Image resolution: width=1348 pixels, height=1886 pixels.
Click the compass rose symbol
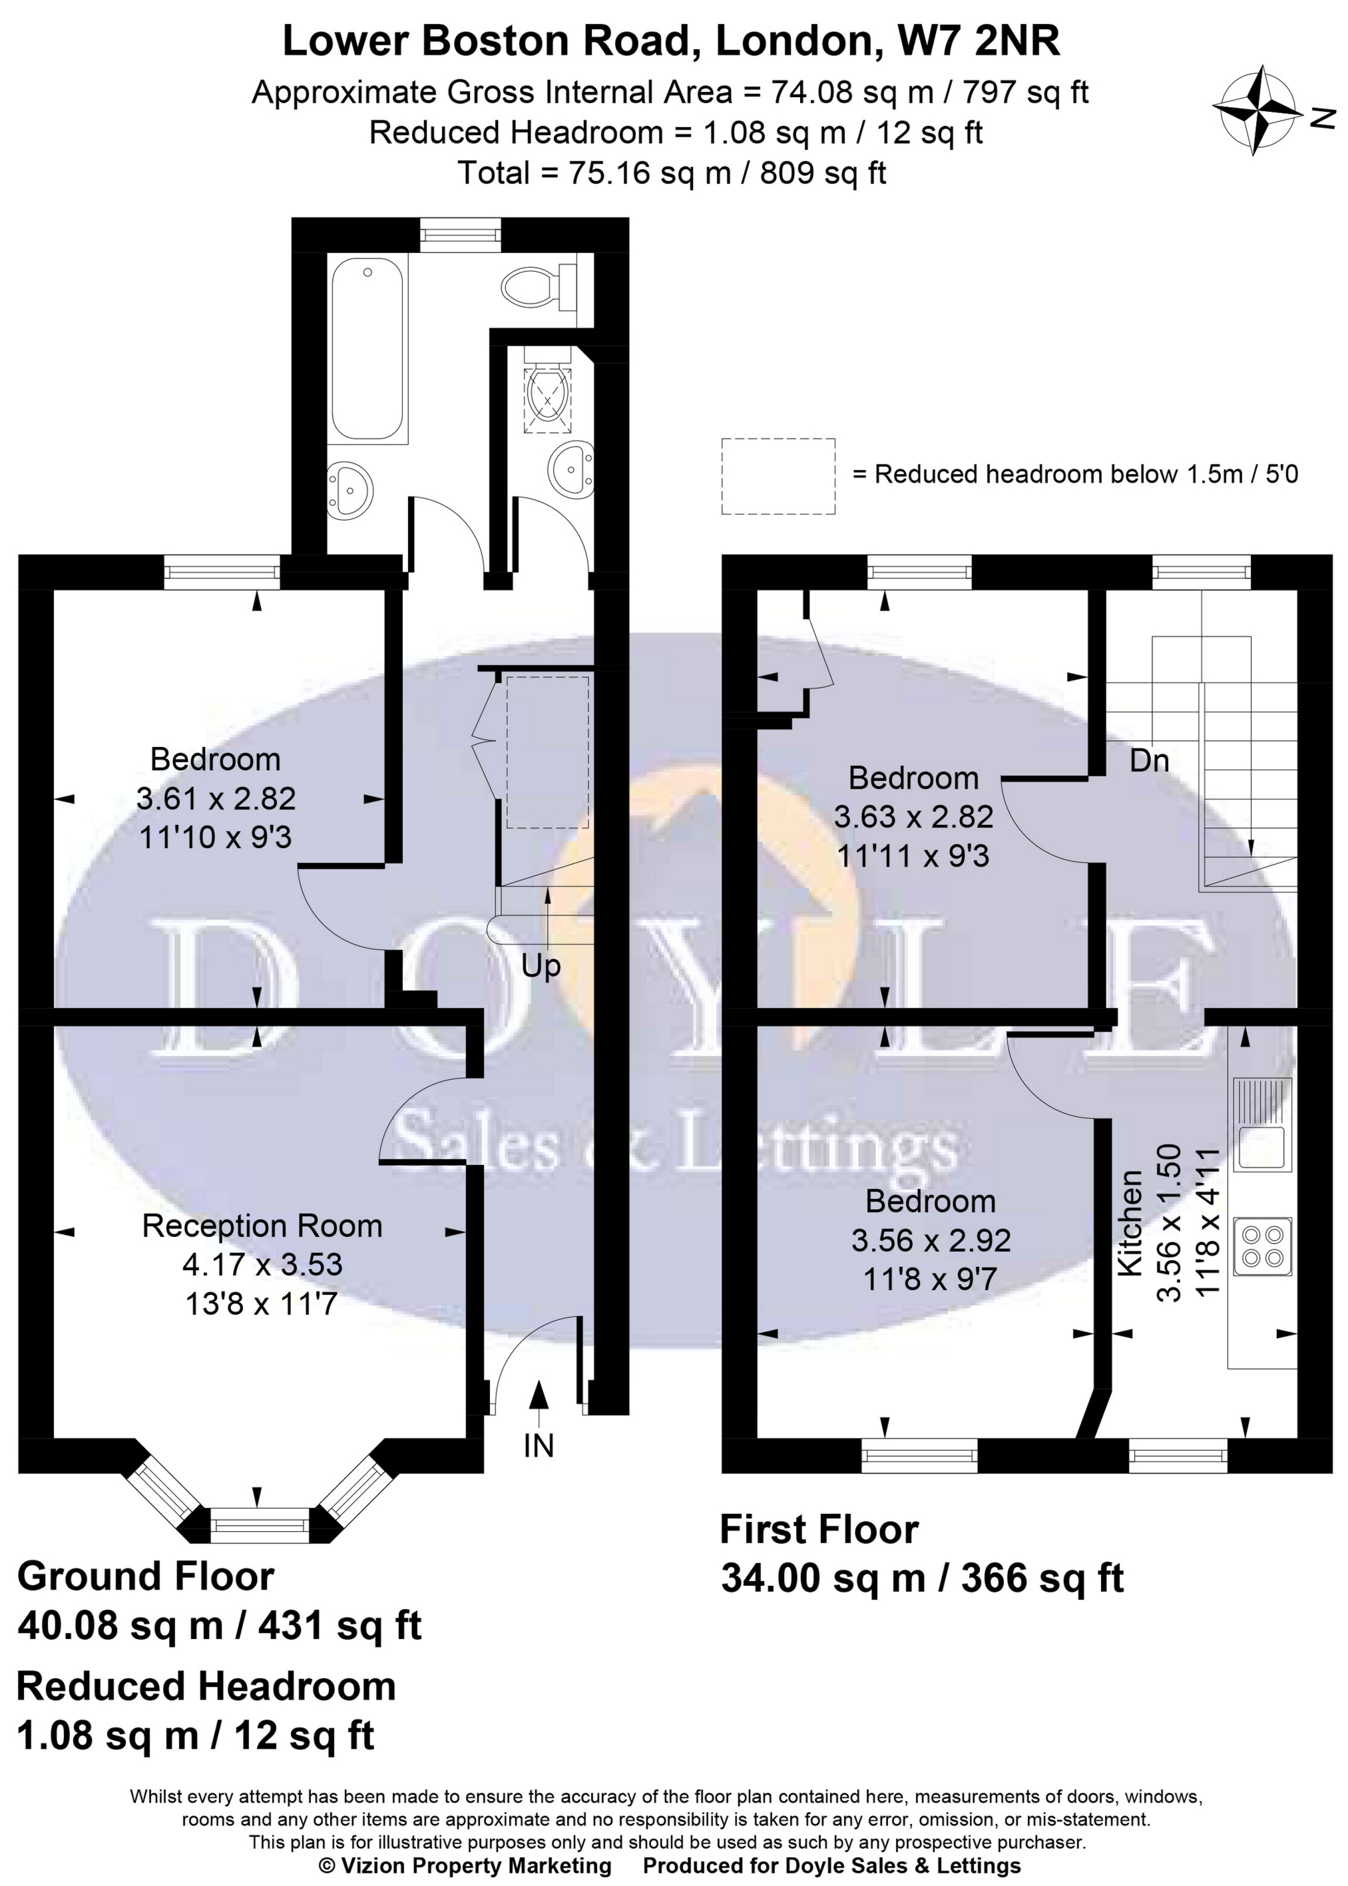tap(1257, 110)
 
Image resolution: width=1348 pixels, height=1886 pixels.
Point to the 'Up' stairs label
tap(541, 966)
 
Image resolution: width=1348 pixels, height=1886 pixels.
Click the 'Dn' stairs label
tap(1149, 760)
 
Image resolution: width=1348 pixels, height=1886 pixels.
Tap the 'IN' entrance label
tap(539, 1447)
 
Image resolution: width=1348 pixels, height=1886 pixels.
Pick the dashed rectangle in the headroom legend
tap(778, 475)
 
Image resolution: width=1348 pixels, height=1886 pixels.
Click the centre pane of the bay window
tap(259, 1527)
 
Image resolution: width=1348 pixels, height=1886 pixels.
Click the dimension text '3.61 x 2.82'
tap(216, 799)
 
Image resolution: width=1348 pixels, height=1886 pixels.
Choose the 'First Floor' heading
tap(819, 1529)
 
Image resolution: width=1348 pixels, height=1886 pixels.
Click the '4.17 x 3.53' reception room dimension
tap(262, 1264)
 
